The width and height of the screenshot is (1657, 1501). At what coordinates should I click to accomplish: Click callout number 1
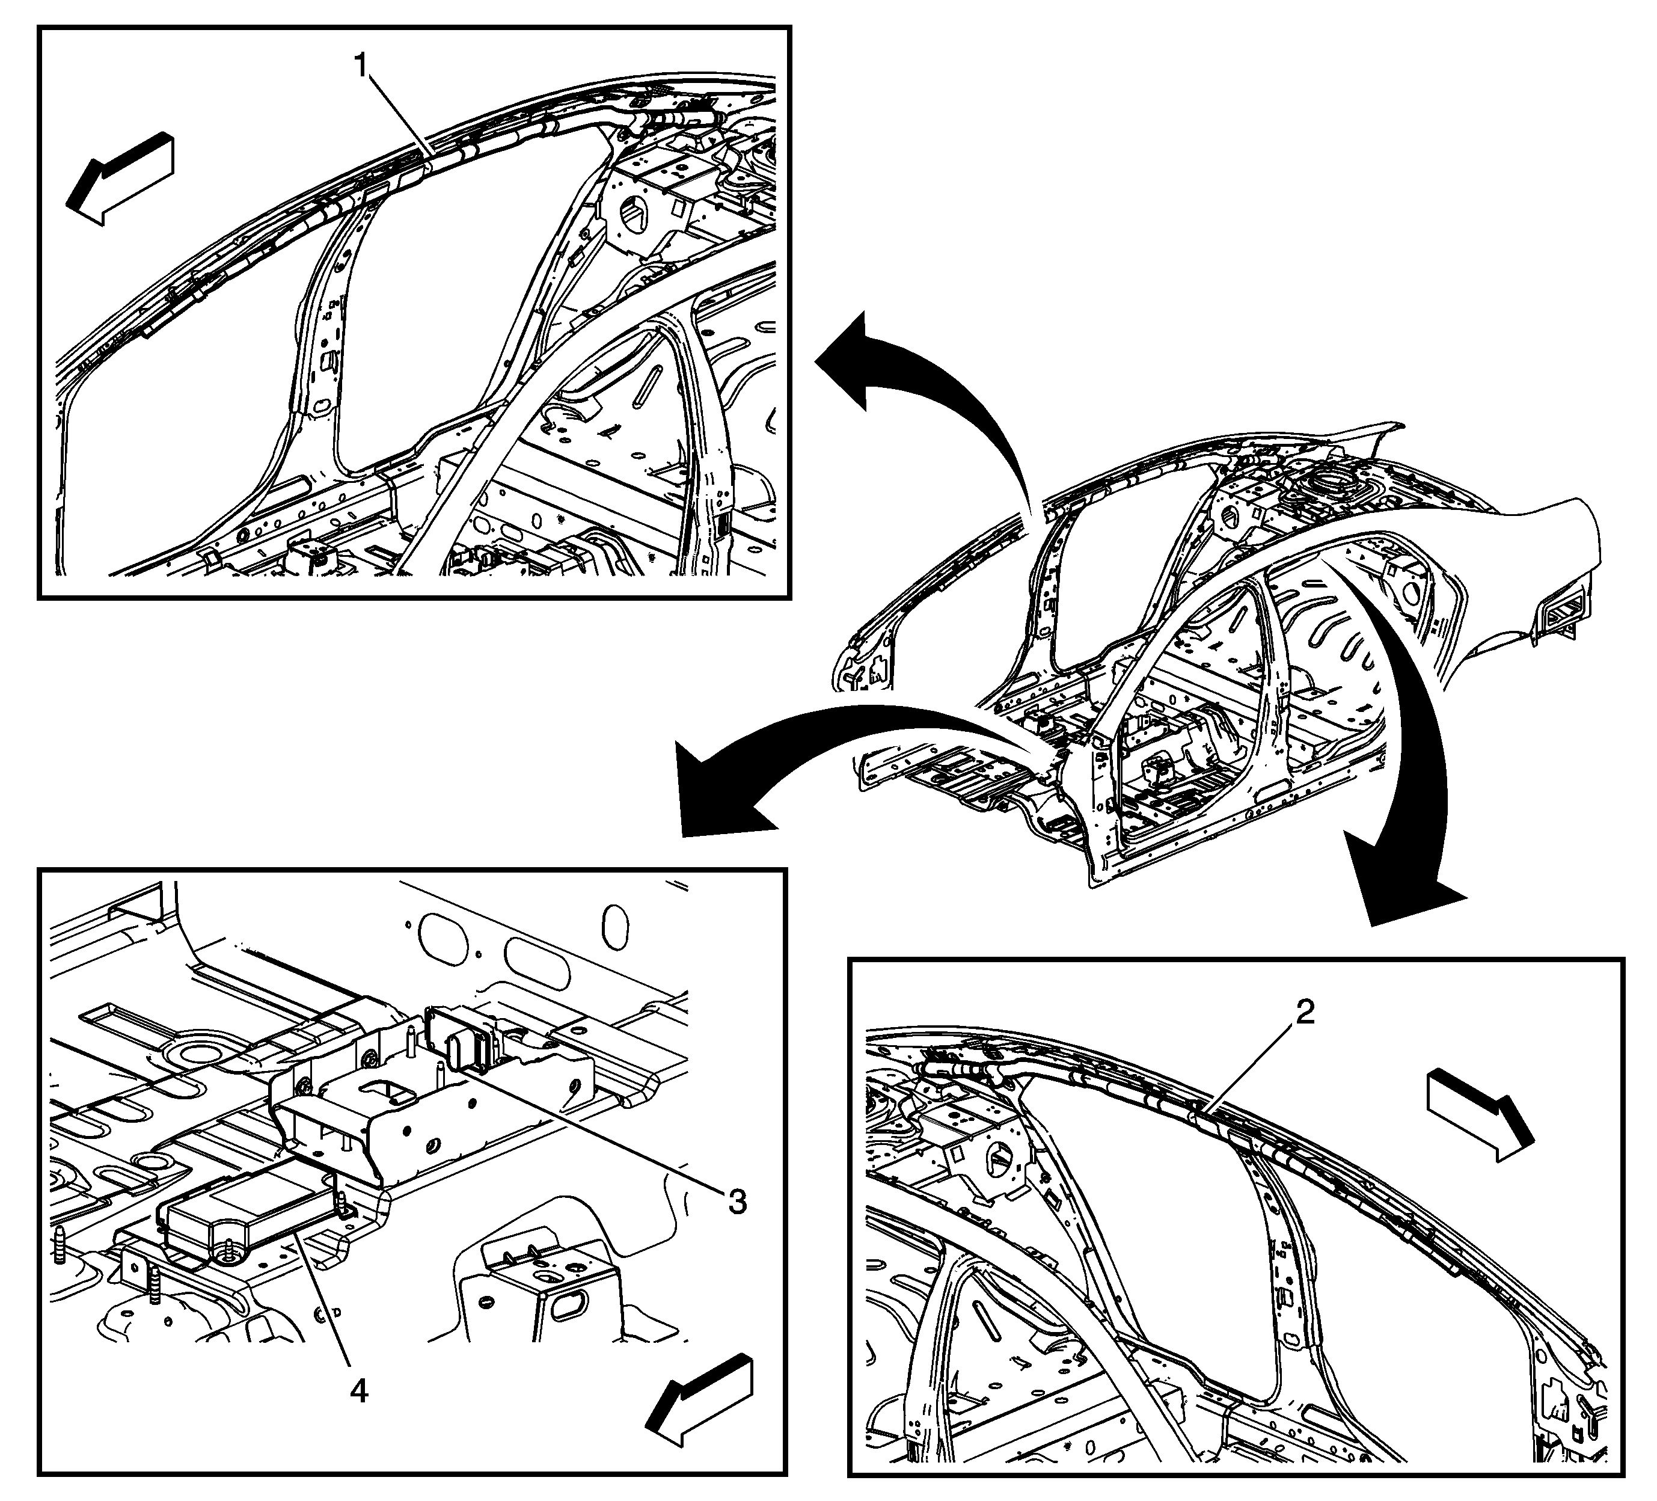[360, 64]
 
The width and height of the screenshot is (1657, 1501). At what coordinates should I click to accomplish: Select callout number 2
[1305, 1013]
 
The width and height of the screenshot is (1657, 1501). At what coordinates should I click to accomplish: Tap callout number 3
[737, 1202]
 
